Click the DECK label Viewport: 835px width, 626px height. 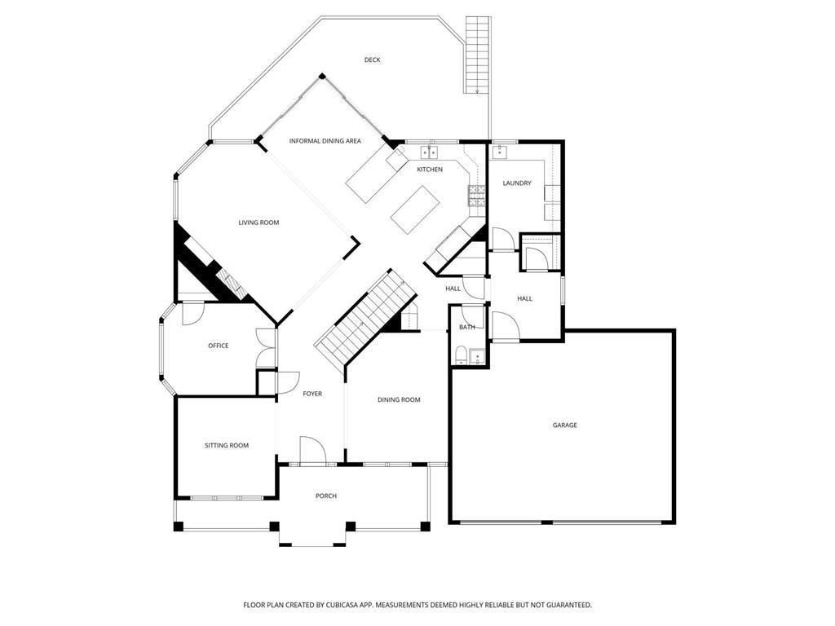(x=372, y=60)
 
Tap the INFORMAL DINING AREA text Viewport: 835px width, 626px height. (x=325, y=141)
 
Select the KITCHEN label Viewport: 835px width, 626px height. (x=430, y=170)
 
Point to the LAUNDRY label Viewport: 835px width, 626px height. (x=516, y=183)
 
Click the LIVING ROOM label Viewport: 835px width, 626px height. (x=258, y=223)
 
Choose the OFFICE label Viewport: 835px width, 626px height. (x=218, y=346)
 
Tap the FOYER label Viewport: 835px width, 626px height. (x=312, y=394)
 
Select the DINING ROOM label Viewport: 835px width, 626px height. (x=399, y=399)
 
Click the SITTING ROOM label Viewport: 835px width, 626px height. (x=226, y=445)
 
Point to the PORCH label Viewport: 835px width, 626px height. (x=325, y=496)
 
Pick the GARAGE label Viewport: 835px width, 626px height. (x=564, y=425)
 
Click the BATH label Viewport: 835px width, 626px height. (x=466, y=327)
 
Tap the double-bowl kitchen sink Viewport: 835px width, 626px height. (x=429, y=152)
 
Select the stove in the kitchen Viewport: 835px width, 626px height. (x=475, y=194)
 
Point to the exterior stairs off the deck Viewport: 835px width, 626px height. (x=476, y=53)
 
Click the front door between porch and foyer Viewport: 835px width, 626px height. (x=312, y=451)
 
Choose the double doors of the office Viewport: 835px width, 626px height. (x=266, y=348)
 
